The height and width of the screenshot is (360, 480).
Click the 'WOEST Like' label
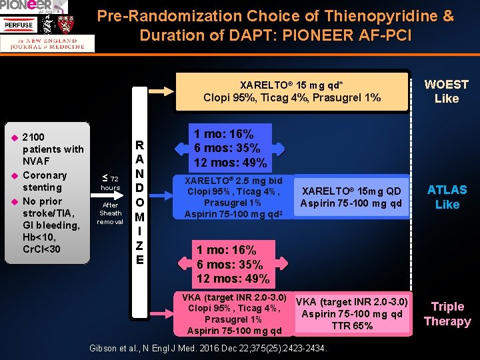click(446, 91)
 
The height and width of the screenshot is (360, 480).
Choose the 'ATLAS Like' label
click(447, 197)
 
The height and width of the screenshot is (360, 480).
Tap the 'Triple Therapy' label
click(447, 314)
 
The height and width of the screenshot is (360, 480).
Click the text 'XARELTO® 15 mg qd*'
click(291, 85)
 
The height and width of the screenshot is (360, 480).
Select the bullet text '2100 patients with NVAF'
click(53, 149)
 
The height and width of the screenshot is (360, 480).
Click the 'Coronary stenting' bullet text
click(45, 181)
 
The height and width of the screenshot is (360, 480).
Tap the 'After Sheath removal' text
click(110, 213)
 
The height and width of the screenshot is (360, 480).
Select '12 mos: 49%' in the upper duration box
click(230, 163)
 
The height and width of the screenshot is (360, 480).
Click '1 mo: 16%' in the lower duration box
click(226, 250)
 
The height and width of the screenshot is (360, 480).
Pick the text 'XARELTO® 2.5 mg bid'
click(233, 181)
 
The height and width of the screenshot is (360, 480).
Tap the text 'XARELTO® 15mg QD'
click(351, 191)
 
